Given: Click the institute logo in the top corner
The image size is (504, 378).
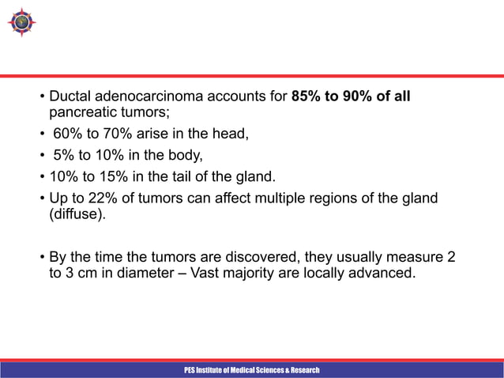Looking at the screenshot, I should tap(22, 21).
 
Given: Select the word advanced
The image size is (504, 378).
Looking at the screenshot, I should tap(383, 274).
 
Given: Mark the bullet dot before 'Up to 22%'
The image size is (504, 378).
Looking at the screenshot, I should tap(43, 196).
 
